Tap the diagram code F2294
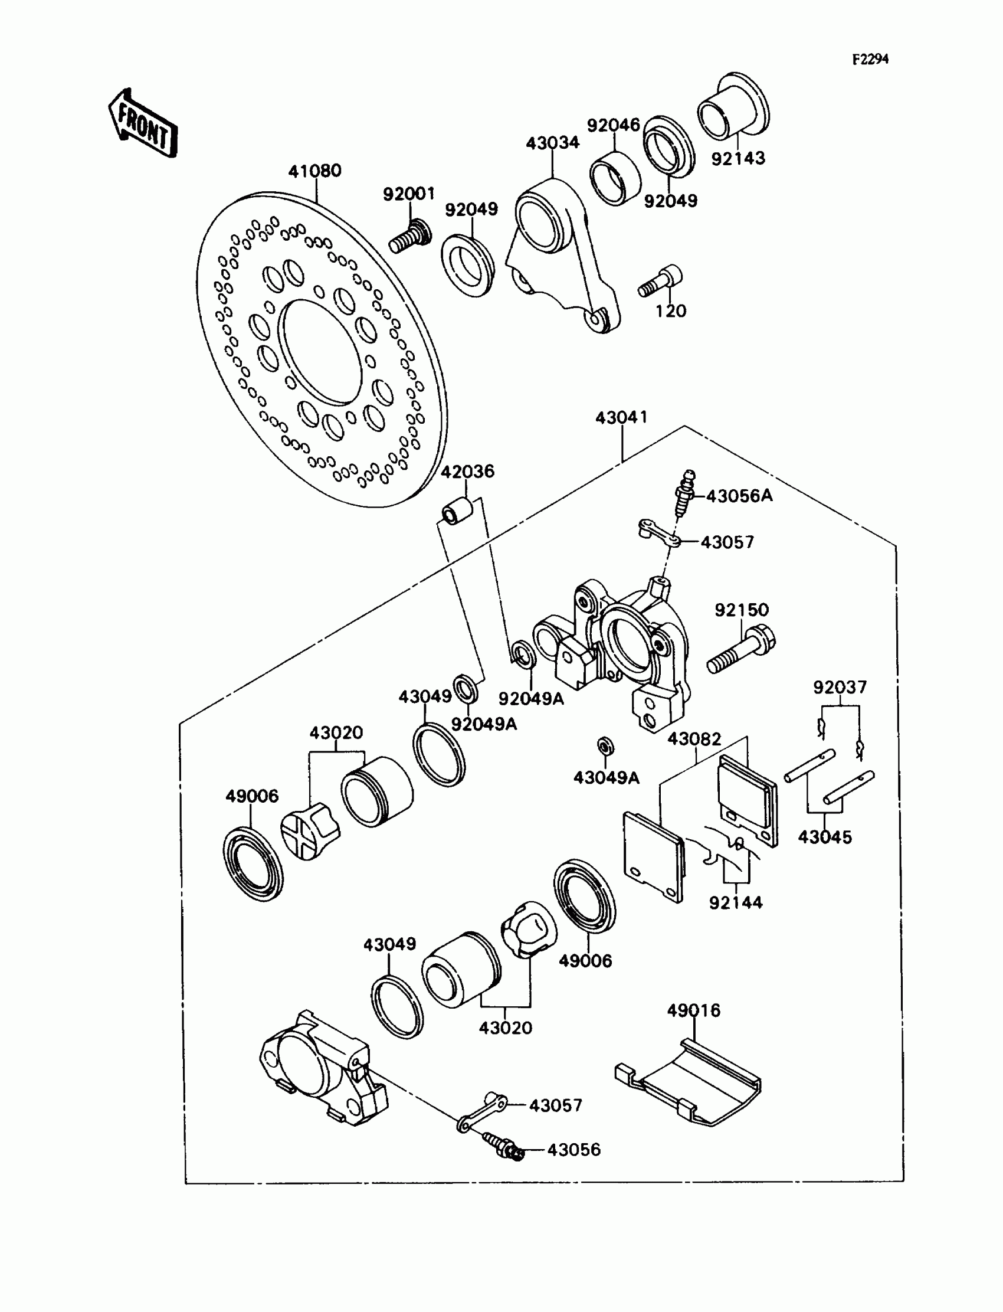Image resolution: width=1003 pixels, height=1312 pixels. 870,59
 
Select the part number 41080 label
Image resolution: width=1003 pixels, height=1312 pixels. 314,171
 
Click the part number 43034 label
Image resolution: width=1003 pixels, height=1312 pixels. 552,143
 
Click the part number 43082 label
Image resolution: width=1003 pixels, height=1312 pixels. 694,739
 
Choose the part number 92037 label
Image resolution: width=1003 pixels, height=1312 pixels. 840,688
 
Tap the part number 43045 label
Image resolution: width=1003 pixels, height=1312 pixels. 824,837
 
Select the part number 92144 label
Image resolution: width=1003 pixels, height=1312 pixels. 736,902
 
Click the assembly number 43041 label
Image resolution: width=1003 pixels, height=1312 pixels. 621,417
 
